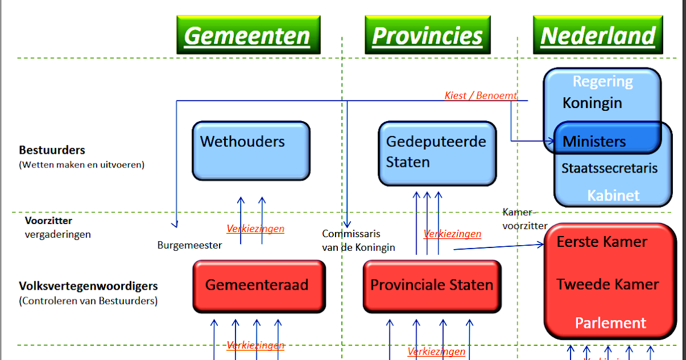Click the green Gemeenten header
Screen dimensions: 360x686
[248, 35]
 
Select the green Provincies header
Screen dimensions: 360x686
[428, 35]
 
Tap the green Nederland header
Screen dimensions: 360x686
[597, 35]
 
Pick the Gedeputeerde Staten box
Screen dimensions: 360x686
[437, 153]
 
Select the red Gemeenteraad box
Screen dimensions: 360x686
[258, 286]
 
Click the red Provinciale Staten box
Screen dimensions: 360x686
[432, 286]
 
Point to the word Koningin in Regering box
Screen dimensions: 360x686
[592, 103]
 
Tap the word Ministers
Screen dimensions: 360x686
[594, 141]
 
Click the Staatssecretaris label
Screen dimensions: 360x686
[609, 168]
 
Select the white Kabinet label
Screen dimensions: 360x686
[613, 195]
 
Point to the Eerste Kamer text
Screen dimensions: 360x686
[601, 242]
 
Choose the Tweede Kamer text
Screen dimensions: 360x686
[607, 284]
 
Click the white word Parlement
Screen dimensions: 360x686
[610, 323]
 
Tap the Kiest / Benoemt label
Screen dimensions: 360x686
[480, 95]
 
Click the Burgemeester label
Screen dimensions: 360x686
[189, 245]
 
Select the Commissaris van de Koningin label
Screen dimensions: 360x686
[358, 241]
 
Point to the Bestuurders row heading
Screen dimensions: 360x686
[52, 150]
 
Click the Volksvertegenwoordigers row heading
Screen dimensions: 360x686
[88, 286]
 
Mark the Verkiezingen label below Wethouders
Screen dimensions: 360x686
[255, 229]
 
